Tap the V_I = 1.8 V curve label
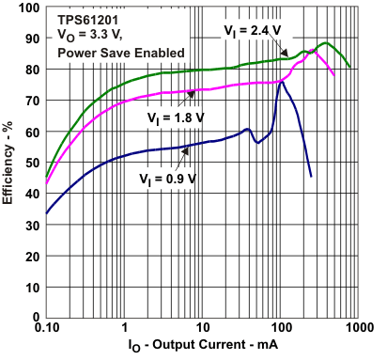tap(178, 118)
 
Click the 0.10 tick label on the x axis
tap(46, 330)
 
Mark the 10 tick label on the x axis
tap(202, 330)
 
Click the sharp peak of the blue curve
tap(281, 81)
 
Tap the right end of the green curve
tap(349, 67)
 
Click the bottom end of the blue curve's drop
tap(311, 176)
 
